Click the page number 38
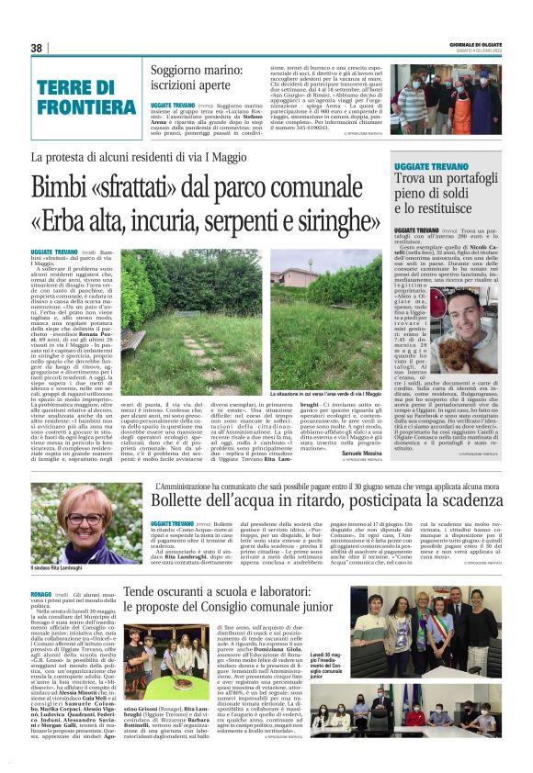(37, 49)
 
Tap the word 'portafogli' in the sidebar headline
(479, 178)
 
